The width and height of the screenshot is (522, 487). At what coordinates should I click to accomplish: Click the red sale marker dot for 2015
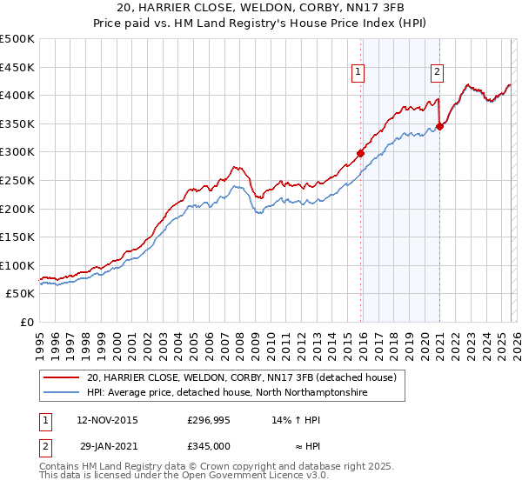(x=360, y=154)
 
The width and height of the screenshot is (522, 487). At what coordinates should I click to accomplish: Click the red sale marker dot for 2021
(x=440, y=126)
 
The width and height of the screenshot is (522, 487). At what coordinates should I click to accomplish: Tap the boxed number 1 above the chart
(x=358, y=73)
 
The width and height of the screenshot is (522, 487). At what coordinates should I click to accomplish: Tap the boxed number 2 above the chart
(x=437, y=73)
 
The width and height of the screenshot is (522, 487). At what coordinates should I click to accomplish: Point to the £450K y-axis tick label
(x=17, y=67)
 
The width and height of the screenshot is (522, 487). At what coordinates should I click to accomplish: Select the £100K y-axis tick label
(x=17, y=265)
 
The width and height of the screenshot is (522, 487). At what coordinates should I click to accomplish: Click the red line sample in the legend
(x=61, y=377)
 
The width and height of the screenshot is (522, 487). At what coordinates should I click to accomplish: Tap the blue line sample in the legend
(x=61, y=393)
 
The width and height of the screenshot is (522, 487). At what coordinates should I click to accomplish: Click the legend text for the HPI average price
(x=225, y=393)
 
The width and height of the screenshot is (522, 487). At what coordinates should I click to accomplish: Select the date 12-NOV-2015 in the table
(x=107, y=419)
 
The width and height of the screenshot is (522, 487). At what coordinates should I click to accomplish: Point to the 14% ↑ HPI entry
(x=297, y=419)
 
